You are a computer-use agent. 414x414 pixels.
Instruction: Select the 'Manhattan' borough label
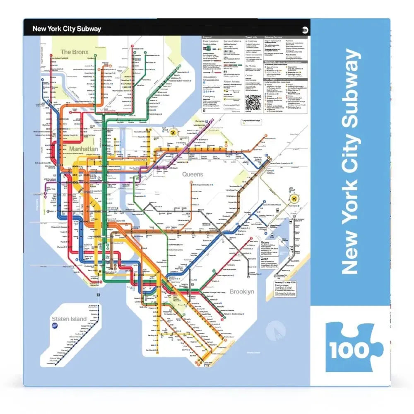pos(84,148)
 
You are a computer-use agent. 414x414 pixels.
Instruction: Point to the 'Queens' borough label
pos(193,175)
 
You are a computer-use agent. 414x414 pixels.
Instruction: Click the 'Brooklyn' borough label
pos(241,291)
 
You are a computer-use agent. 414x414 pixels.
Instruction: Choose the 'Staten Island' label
pos(69,319)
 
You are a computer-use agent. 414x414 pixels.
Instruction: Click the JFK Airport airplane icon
pos(295,199)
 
